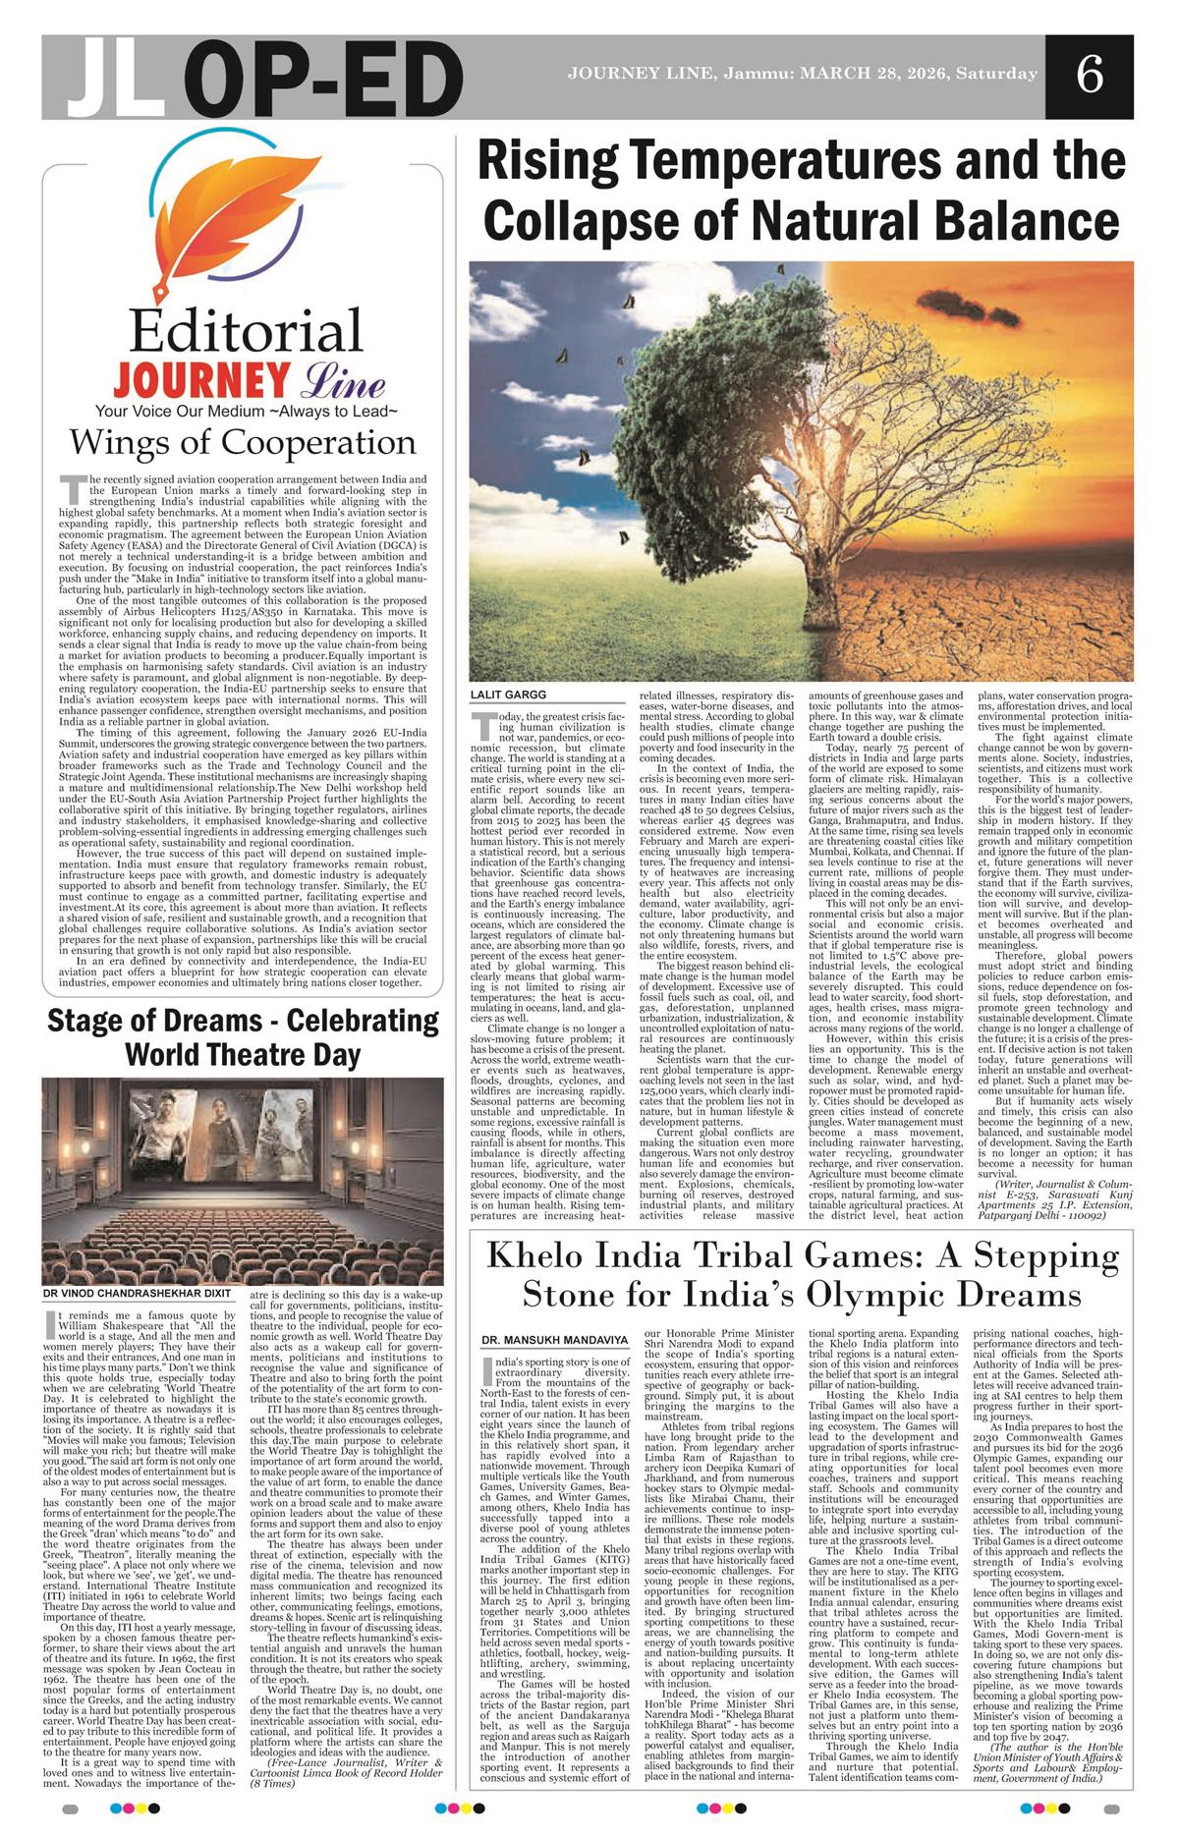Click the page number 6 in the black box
pyautogui.click(x=1089, y=77)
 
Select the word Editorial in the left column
pyautogui.click(x=246, y=332)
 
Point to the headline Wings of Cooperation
pyautogui.click(x=242, y=443)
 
